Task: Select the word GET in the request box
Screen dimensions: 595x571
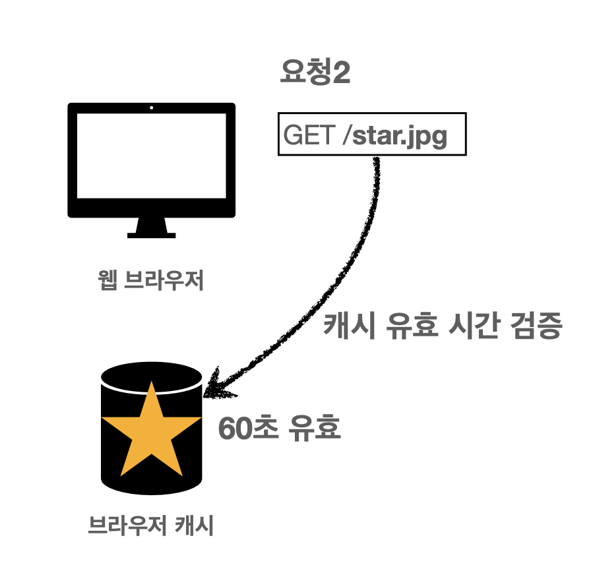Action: coord(309,136)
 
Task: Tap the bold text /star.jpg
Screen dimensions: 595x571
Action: coord(400,136)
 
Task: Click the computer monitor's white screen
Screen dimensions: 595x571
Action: coord(152,158)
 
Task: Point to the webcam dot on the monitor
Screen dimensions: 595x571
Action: coord(152,107)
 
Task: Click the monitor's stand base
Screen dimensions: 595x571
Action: coord(152,233)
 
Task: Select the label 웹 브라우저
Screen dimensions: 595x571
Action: coord(151,282)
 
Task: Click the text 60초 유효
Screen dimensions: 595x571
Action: coord(279,429)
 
